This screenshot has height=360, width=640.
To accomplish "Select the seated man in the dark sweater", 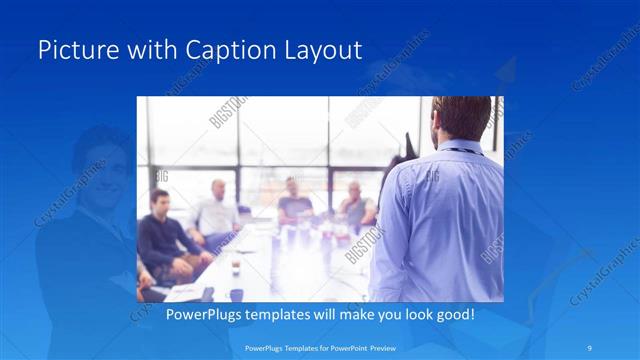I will (160, 235).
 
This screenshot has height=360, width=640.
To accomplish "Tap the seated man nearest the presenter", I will (355, 205).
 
